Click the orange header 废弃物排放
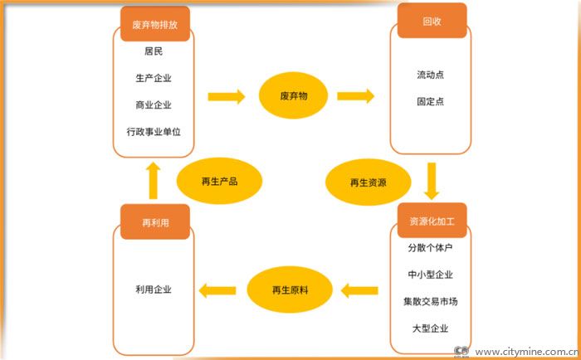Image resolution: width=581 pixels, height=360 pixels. [154, 24]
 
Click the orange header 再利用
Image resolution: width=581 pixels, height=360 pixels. [154, 221]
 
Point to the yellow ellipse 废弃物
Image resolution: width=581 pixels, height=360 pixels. [295, 97]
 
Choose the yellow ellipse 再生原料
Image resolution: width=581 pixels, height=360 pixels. [290, 289]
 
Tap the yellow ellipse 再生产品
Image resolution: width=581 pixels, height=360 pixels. [219, 180]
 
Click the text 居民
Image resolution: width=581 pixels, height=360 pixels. [153, 51]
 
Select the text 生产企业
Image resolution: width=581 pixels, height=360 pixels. [153, 78]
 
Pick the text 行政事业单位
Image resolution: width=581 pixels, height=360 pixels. [153, 133]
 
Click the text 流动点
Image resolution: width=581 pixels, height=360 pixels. [430, 75]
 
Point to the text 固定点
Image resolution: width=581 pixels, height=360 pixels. [430, 101]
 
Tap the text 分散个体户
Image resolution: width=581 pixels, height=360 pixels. [430, 248]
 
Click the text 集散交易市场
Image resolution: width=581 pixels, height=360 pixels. [430, 301]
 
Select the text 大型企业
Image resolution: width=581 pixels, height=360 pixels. [430, 328]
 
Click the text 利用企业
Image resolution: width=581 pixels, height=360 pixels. [153, 289]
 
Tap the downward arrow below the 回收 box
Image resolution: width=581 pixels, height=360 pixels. [430, 180]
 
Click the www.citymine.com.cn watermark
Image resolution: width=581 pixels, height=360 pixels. [526, 351]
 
